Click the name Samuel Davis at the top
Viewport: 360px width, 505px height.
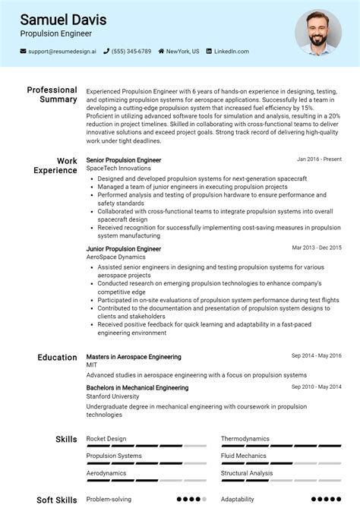[x=63, y=20]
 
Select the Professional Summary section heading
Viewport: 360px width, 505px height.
[x=52, y=95]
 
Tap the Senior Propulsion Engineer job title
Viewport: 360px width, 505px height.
[x=124, y=160]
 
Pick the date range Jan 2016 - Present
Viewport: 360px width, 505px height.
[x=319, y=159]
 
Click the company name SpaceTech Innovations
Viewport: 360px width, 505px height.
[x=118, y=169]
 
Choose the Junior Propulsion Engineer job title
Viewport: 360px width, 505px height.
[x=124, y=248]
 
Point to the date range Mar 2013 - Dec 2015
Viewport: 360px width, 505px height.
[x=317, y=248]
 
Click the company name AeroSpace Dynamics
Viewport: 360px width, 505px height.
[x=115, y=257]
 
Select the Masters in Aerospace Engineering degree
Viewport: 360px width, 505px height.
[x=134, y=357]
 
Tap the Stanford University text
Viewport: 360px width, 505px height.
[x=112, y=396]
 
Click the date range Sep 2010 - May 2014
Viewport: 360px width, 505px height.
[x=317, y=387]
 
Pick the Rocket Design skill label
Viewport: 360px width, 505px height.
[x=106, y=438]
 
